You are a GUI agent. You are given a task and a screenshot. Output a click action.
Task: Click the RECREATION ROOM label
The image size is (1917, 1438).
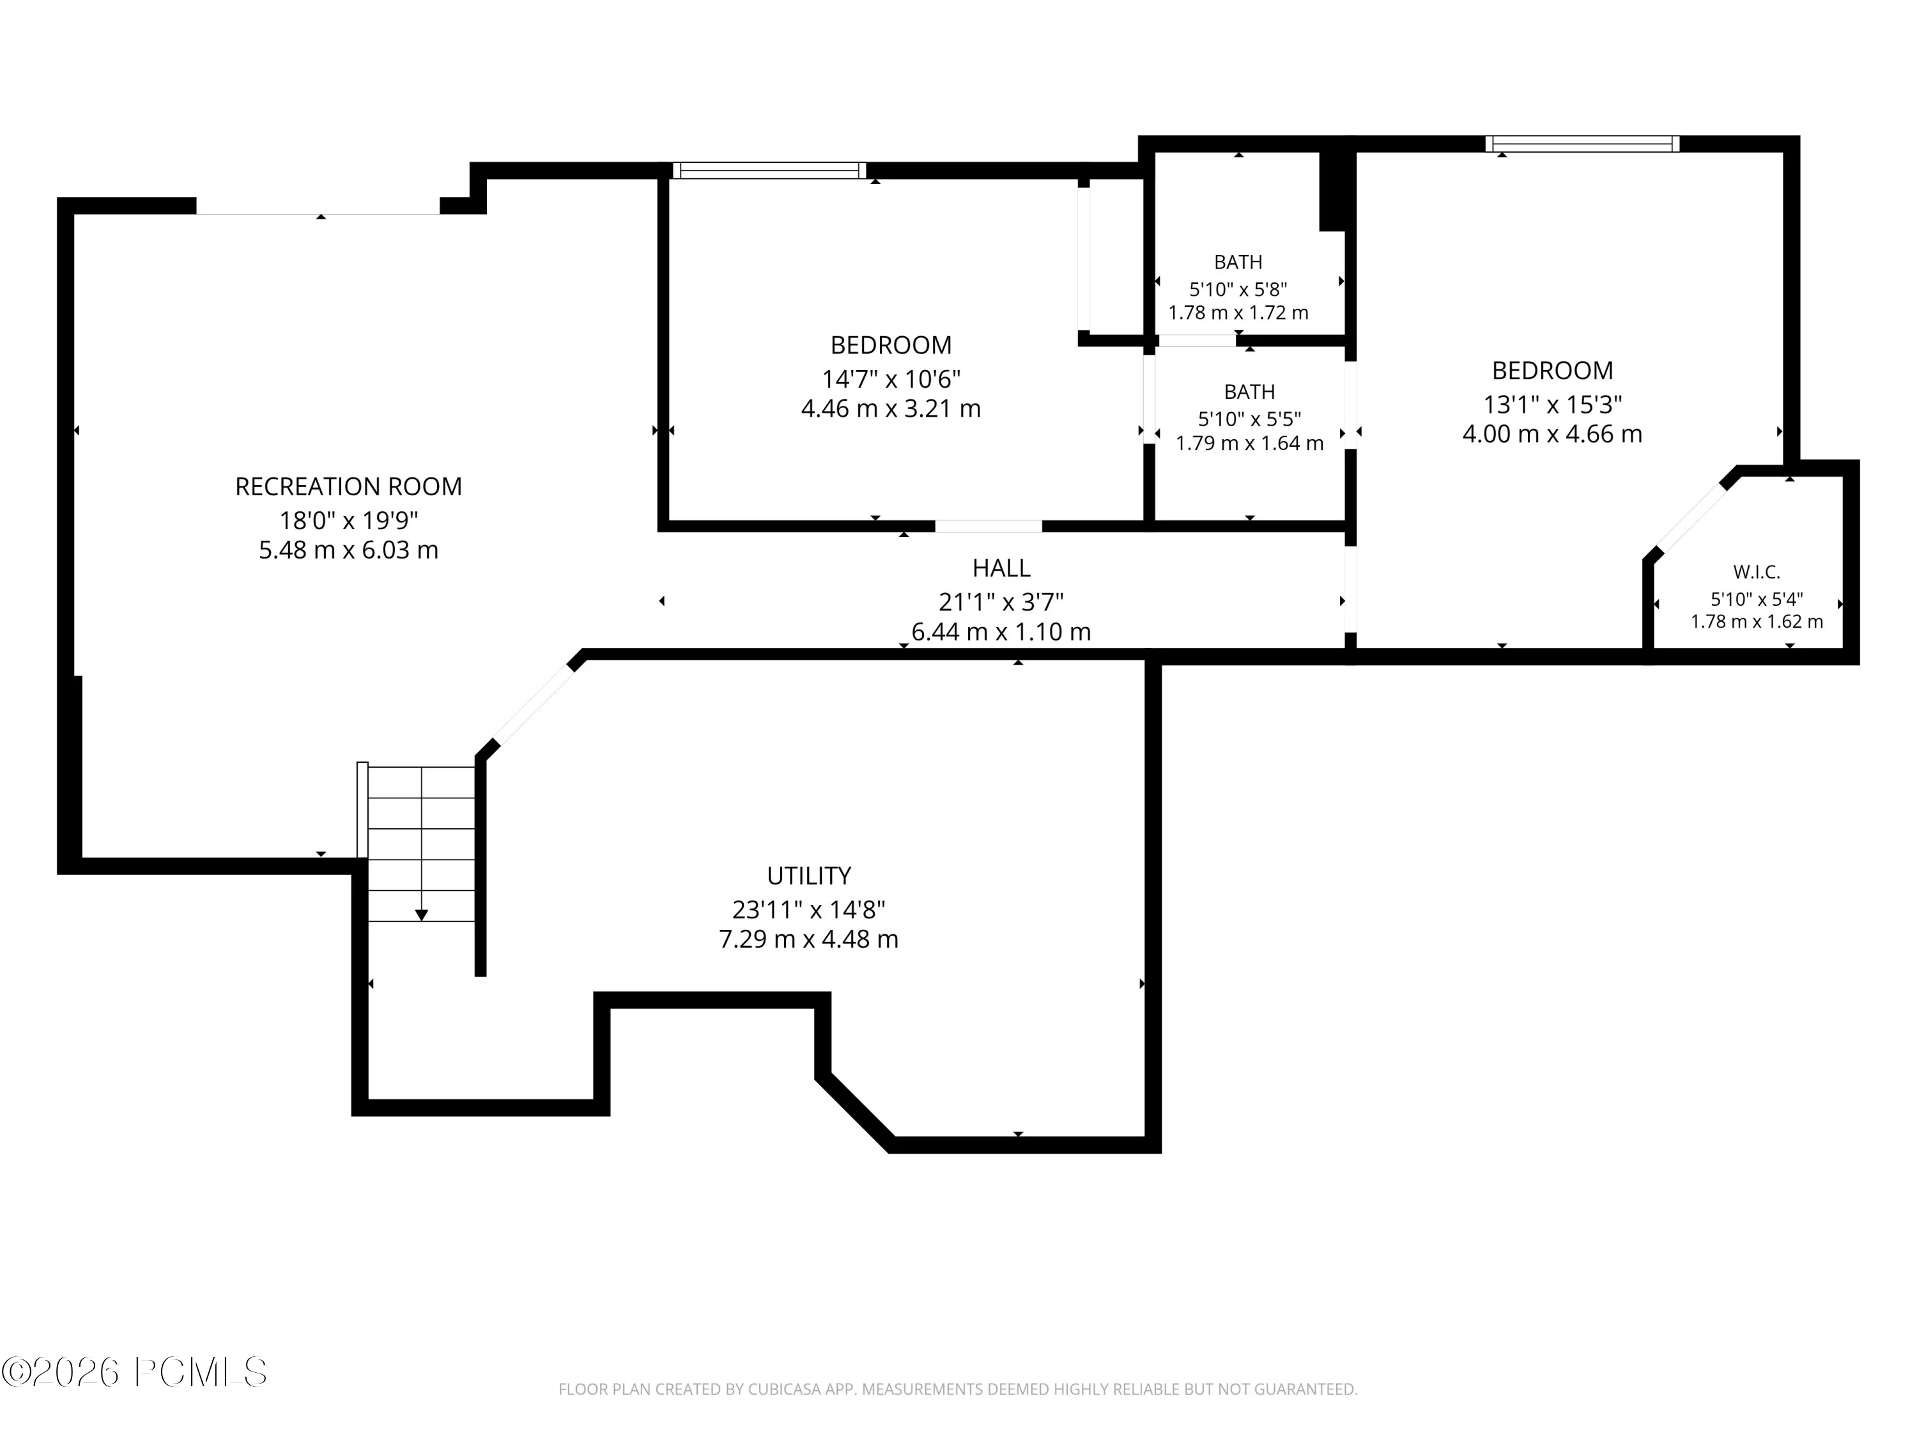(x=348, y=486)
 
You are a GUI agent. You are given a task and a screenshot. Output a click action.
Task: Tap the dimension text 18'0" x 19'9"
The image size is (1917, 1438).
(x=348, y=520)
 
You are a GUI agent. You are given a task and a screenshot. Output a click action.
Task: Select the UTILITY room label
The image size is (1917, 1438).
(x=808, y=876)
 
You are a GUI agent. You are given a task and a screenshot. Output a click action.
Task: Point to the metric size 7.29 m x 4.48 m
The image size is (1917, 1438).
(x=808, y=939)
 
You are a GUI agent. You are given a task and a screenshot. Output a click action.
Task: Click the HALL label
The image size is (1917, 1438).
(x=1001, y=568)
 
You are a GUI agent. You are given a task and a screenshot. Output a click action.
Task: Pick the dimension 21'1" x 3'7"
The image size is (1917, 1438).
(x=1001, y=601)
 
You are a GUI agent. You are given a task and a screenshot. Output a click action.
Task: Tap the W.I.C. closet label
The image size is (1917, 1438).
(x=1757, y=572)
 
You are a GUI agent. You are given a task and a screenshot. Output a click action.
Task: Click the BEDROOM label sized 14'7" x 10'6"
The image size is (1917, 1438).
(x=891, y=345)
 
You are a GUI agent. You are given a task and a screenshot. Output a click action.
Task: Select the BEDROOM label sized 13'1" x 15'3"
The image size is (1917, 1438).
(x=1552, y=370)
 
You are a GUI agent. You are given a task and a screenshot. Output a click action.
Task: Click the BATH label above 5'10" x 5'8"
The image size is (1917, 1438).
(x=1238, y=262)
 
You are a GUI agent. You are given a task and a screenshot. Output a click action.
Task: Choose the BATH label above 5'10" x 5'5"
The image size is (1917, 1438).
(x=1249, y=392)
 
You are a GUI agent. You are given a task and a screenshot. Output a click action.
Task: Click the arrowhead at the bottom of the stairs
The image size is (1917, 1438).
(x=421, y=915)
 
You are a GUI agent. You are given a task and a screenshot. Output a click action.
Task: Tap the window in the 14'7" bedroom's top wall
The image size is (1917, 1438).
(x=769, y=171)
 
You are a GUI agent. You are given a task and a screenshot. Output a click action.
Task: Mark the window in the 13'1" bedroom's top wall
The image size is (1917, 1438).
(x=1582, y=144)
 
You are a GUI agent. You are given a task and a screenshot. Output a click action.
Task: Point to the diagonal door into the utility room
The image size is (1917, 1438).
(x=533, y=706)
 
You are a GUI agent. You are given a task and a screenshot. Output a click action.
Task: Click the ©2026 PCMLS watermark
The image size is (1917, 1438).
(x=134, y=1372)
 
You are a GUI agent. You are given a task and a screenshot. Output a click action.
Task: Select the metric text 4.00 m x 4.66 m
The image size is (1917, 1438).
(x=1552, y=433)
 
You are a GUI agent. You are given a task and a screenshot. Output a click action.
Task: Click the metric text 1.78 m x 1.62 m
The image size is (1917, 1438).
(x=1757, y=621)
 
